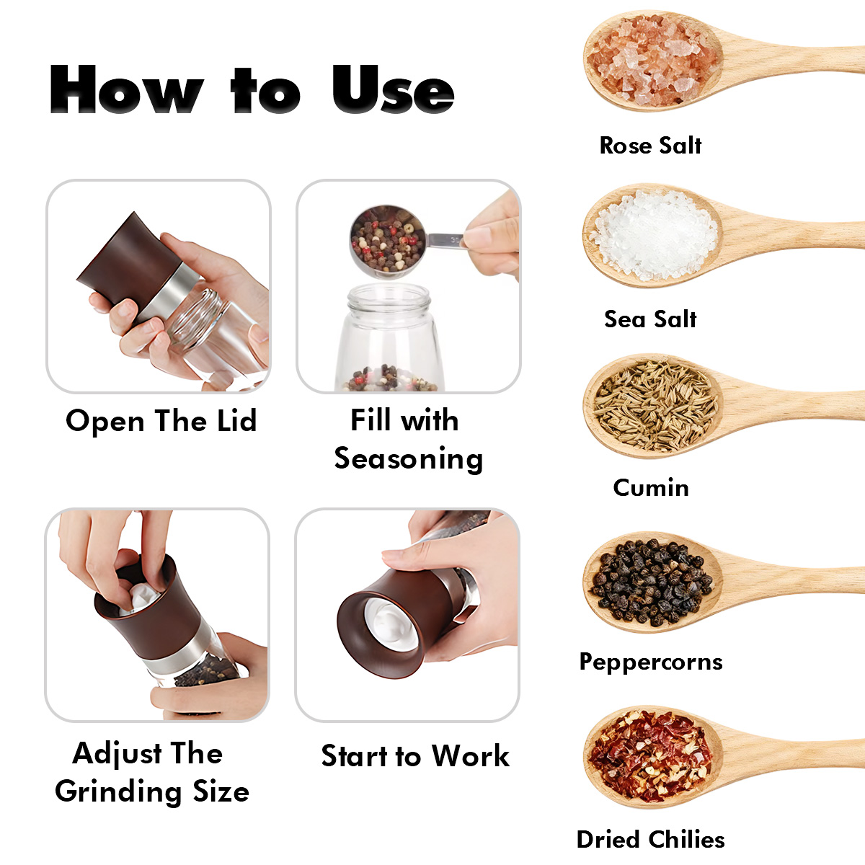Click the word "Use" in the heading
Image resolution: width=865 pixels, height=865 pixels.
(x=394, y=89)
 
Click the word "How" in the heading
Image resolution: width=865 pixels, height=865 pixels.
(x=127, y=89)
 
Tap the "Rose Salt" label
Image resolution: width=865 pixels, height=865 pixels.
(x=650, y=146)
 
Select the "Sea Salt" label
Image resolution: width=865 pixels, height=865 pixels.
(x=650, y=319)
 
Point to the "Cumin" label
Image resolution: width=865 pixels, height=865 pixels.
(x=651, y=487)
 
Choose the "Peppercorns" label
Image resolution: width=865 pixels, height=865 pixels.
(x=651, y=662)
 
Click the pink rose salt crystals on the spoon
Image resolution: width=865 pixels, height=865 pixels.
(x=652, y=60)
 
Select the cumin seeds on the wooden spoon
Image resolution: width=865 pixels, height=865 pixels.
(x=655, y=405)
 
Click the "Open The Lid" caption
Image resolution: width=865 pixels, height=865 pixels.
(x=161, y=421)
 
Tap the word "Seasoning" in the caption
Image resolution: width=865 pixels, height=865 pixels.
(x=409, y=459)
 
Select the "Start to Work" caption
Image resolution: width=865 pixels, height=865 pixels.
(x=415, y=756)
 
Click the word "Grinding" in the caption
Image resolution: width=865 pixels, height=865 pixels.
(x=118, y=791)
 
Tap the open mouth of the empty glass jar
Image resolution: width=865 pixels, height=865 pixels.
(x=389, y=295)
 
